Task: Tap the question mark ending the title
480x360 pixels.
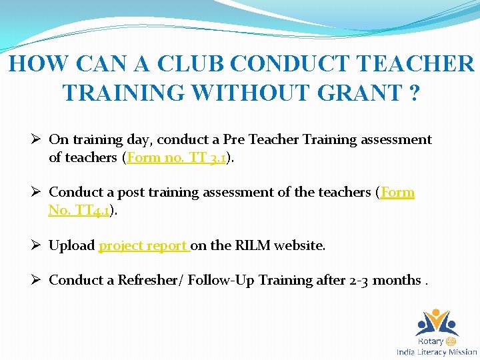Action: (x=414, y=92)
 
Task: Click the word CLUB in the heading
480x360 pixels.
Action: (x=189, y=63)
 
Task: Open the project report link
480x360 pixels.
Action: (x=144, y=245)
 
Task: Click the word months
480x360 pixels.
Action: (x=397, y=280)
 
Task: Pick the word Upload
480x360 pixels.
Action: (x=72, y=245)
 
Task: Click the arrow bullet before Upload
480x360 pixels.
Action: (x=37, y=245)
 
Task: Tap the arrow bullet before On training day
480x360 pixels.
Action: (x=37, y=139)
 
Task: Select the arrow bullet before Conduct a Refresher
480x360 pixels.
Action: (x=37, y=280)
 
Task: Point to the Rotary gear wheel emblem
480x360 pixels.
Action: (x=453, y=341)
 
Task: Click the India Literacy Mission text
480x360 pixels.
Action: (x=437, y=352)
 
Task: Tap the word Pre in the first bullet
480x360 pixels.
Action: (x=233, y=139)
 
